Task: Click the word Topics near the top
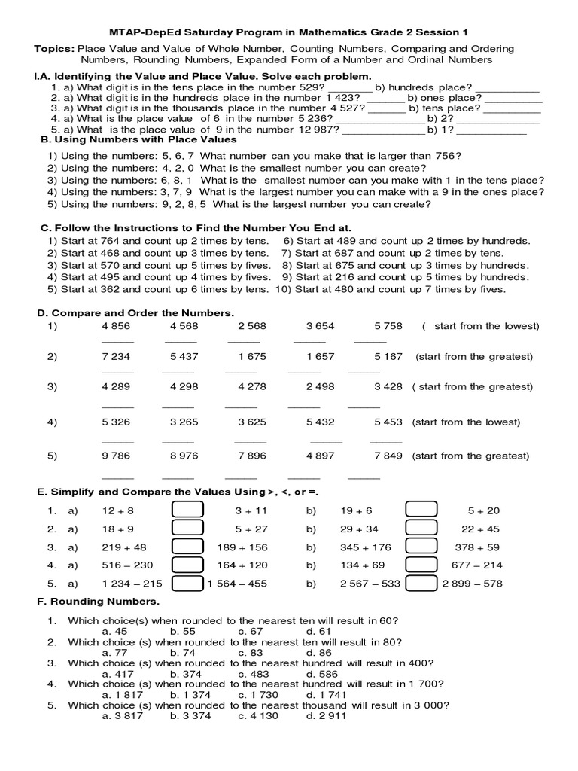53,49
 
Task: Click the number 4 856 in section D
116,326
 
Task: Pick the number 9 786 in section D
116,456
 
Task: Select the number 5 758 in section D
388,326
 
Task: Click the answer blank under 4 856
117,341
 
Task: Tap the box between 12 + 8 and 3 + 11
187,510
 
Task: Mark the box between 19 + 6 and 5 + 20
421,510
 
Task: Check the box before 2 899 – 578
421,583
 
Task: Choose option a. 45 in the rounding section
114,631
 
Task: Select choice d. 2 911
326,716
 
